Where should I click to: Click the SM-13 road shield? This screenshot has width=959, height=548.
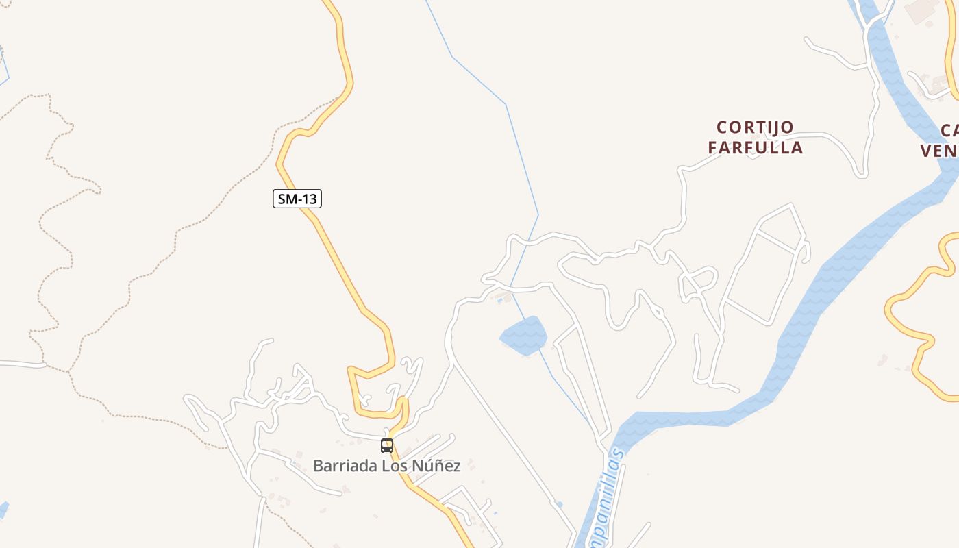click(x=297, y=199)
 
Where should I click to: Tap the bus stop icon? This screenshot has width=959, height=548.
click(x=387, y=446)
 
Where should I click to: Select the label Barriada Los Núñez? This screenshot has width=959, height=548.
click(x=386, y=466)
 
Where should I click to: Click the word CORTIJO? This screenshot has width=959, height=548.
click(x=755, y=127)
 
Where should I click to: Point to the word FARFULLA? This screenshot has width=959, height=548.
click(x=755, y=147)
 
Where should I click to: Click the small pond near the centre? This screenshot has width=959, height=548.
click(x=525, y=336)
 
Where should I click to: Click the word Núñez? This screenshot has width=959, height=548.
click(x=436, y=466)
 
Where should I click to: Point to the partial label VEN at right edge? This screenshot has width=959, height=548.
click(x=939, y=151)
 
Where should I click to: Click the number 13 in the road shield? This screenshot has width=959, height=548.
click(x=309, y=199)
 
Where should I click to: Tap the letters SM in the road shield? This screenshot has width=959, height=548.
click(x=287, y=199)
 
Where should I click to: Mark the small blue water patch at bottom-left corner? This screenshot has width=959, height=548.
click(x=3, y=510)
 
